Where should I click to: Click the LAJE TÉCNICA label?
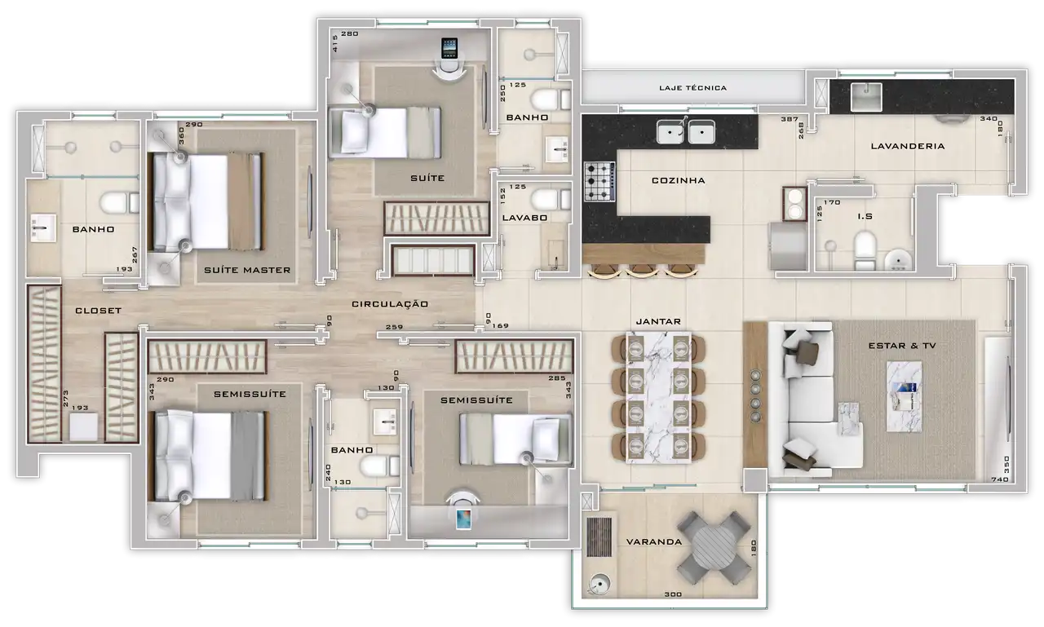click(x=692, y=87)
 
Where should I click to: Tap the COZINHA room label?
click(x=678, y=180)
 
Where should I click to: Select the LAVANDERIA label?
click(x=908, y=146)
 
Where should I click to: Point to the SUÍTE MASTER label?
click(x=247, y=270)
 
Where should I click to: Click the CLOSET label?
click(x=99, y=311)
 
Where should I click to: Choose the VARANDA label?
click(x=654, y=541)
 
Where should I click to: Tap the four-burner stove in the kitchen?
click(x=599, y=181)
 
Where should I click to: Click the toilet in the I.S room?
click(x=865, y=251)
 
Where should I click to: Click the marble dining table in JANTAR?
click(x=658, y=397)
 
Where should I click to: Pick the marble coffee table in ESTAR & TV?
click(x=904, y=396)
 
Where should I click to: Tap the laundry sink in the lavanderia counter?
click(x=866, y=97)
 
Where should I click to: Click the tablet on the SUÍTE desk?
click(x=449, y=48)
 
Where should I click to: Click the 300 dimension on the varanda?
click(x=673, y=594)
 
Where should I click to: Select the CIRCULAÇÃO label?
click(x=390, y=304)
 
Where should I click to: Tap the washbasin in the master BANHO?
click(x=43, y=227)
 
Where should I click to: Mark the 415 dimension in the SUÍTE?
click(x=334, y=43)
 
